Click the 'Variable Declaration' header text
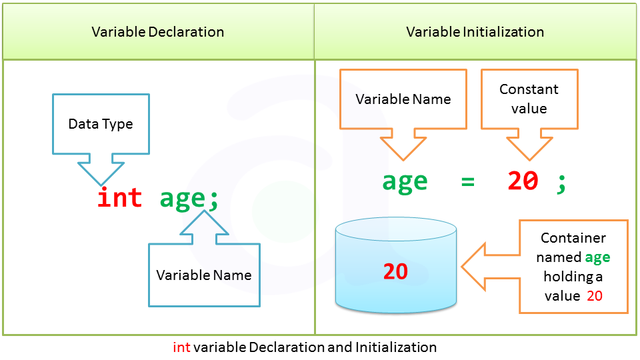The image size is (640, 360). [x=158, y=32]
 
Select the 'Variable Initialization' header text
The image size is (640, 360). [x=475, y=32]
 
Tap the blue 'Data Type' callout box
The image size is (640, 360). [x=101, y=124]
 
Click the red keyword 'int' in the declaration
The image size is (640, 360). [x=120, y=198]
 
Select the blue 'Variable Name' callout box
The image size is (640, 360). [x=204, y=275]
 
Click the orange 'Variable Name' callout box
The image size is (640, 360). [x=403, y=100]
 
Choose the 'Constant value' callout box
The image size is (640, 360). [x=529, y=99]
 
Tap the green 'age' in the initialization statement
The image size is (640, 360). [x=405, y=182]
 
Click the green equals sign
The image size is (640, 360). [x=467, y=181]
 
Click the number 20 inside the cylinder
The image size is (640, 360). [x=395, y=272]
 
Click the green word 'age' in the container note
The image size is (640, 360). [x=597, y=257]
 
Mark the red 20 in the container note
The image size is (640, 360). [x=595, y=296]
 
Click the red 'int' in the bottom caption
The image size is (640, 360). [x=181, y=347]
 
